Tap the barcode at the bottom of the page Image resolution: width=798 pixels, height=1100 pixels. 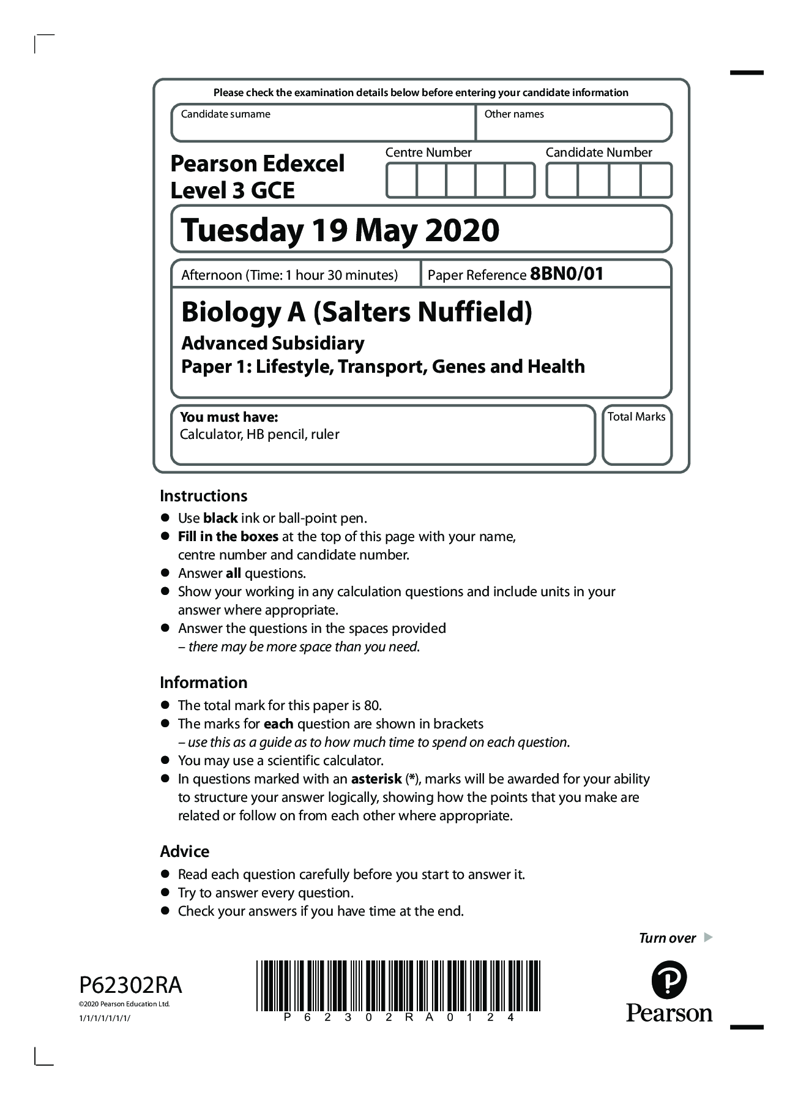click(x=398, y=986)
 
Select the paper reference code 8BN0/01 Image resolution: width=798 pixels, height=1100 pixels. click(x=567, y=274)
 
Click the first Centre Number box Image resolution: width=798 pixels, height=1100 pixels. click(x=401, y=180)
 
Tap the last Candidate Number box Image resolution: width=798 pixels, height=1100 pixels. click(x=655, y=180)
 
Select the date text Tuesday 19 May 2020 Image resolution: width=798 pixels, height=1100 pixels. click(x=340, y=230)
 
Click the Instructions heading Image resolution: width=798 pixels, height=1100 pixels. click(x=203, y=496)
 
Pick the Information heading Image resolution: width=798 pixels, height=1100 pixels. click(x=203, y=683)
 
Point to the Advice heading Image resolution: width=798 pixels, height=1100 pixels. click(x=184, y=851)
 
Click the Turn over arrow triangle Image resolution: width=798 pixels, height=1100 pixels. click(x=708, y=937)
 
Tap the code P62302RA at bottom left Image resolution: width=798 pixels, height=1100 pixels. click(x=130, y=986)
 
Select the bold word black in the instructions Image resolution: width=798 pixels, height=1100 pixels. click(x=220, y=518)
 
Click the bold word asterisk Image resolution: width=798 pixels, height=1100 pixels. click(x=376, y=779)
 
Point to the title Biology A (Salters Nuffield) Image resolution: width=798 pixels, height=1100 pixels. click(x=356, y=312)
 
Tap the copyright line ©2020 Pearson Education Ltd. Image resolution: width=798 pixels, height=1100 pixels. click(x=124, y=1004)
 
